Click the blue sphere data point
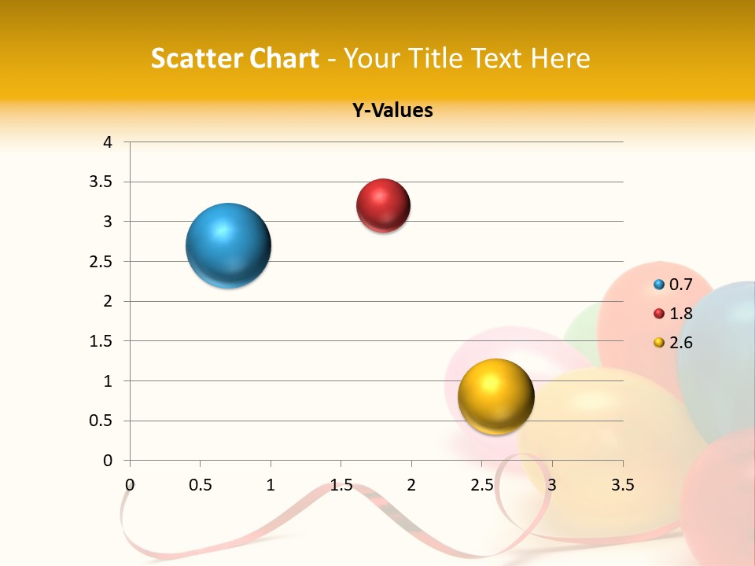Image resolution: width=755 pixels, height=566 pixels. pyautogui.click(x=229, y=245)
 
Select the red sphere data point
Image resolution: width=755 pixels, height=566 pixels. pyautogui.click(x=383, y=206)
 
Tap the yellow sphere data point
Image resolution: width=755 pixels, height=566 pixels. pyautogui.click(x=495, y=396)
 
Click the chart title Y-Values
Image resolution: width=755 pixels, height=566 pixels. pyautogui.click(x=392, y=110)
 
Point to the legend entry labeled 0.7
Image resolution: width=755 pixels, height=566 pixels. pyautogui.click(x=673, y=285)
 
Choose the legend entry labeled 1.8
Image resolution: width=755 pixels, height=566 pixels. pyautogui.click(x=673, y=314)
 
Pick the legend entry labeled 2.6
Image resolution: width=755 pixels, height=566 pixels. pyautogui.click(x=673, y=343)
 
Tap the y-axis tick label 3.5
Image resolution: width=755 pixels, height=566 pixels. pyautogui.click(x=103, y=182)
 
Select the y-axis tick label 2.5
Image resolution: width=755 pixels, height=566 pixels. pyautogui.click(x=103, y=262)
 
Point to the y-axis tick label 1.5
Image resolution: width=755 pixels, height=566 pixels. pyautogui.click(x=103, y=341)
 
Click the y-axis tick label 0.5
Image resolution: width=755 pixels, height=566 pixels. pyautogui.click(x=103, y=421)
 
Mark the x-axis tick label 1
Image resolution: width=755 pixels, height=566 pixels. pyautogui.click(x=271, y=484)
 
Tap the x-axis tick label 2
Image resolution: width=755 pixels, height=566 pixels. pyautogui.click(x=411, y=484)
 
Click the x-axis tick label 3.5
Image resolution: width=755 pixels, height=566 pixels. pyautogui.click(x=622, y=484)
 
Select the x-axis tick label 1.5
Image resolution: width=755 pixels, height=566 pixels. pyautogui.click(x=341, y=484)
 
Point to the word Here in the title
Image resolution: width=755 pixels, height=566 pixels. pyautogui.click(x=560, y=58)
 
